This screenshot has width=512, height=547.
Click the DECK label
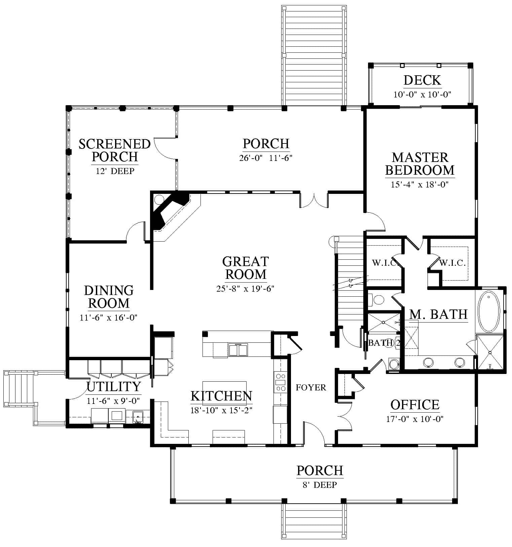pyautogui.click(x=422, y=80)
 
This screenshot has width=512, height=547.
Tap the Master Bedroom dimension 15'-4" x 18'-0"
pyautogui.click(x=420, y=184)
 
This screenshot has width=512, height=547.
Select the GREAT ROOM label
pyautogui.click(x=246, y=268)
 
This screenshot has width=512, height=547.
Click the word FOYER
pyautogui.click(x=311, y=388)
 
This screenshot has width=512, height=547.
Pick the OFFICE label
pyautogui.click(x=415, y=405)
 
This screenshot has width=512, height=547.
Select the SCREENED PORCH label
pyautogui.click(x=114, y=150)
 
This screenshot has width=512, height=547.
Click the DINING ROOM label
pyautogui.click(x=109, y=297)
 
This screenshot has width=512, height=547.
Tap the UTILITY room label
pyautogui.click(x=114, y=387)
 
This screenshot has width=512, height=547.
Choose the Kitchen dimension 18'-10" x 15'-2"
pyautogui.click(x=221, y=410)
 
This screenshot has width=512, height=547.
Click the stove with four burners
pyautogui.click(x=281, y=382)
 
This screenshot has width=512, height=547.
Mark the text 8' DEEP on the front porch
pyautogui.click(x=320, y=485)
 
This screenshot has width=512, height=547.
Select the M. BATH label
pyautogui.click(x=438, y=314)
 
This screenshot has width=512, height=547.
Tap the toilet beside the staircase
pyautogui.click(x=376, y=300)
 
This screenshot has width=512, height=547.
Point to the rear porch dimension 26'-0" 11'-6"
pyautogui.click(x=266, y=158)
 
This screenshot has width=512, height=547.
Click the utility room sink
pyautogui.click(x=137, y=417)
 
